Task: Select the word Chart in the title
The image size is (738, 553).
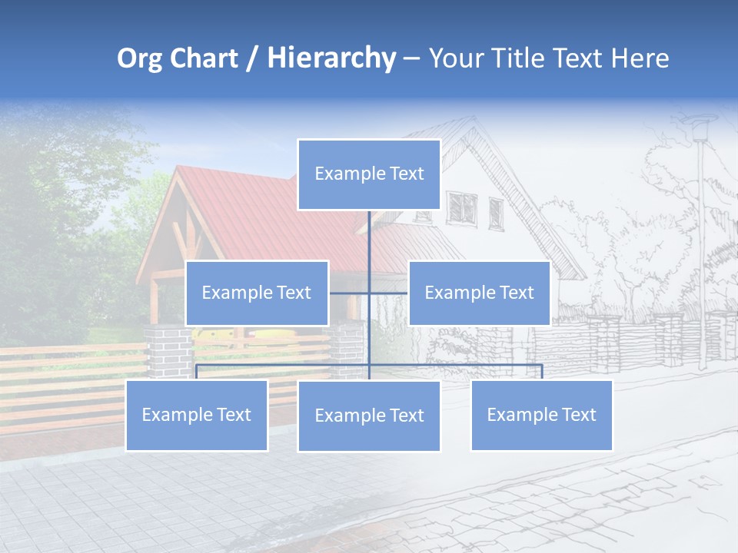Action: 201,58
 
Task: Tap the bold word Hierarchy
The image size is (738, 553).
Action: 331,58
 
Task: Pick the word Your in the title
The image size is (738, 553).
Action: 454,58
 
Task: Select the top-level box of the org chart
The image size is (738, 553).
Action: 369,174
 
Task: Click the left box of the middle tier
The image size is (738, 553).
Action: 257,293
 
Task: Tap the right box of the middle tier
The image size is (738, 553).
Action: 479,293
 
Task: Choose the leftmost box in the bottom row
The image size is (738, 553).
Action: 197,415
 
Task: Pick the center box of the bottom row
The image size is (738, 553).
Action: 369,416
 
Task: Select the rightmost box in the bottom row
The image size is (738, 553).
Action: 541,415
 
